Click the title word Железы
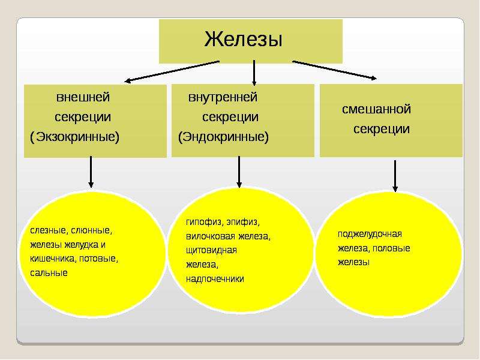[x=243, y=39]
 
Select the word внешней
[x=83, y=97]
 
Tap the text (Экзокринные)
[x=74, y=137]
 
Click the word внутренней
[x=223, y=97]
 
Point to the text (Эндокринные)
[x=223, y=137]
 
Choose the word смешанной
[x=376, y=109]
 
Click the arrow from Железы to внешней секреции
[x=172, y=71]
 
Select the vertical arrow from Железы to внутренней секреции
[x=254, y=73]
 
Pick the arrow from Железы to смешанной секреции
[x=335, y=70]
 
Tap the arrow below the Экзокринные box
[x=91, y=172]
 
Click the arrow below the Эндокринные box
[x=239, y=172]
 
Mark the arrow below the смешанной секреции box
[x=395, y=176]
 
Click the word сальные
[x=49, y=272]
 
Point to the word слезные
[x=49, y=230]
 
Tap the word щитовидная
[x=211, y=250]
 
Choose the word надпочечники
[x=215, y=278]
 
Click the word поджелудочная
[x=370, y=234]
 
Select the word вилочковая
[x=211, y=236]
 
